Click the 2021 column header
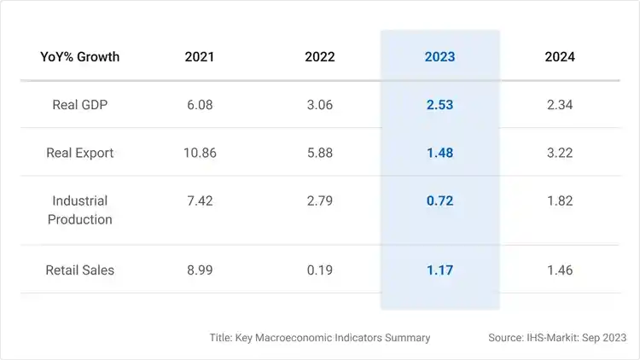[x=200, y=57]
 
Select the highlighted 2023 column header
[x=439, y=57]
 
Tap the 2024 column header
[x=560, y=57]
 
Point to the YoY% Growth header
[x=79, y=57]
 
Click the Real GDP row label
[x=79, y=105]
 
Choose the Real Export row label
[x=79, y=154]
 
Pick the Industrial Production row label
[x=79, y=210]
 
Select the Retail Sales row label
[x=79, y=270]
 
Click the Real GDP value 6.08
[x=200, y=105]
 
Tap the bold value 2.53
[x=439, y=105]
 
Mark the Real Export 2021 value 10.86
[x=200, y=154]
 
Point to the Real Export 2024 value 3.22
[x=560, y=154]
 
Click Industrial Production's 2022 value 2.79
[x=319, y=201]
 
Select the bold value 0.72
[x=439, y=201]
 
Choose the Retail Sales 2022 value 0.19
[x=319, y=270]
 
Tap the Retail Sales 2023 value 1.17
[x=439, y=270]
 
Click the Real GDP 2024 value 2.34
[x=560, y=105]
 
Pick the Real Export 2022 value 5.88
[x=319, y=154]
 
